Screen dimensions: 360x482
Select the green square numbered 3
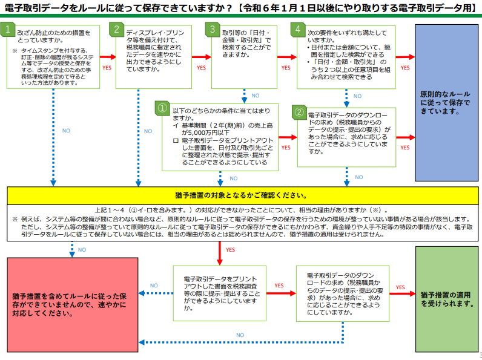[212, 30]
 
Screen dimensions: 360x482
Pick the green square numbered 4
[297, 30]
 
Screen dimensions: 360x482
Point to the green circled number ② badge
[299, 112]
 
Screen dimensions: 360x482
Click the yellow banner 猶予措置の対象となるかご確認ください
[242, 195]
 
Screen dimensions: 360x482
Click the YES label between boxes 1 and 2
[107, 67]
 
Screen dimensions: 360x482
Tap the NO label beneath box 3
[255, 95]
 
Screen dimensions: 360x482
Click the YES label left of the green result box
[400, 287]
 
